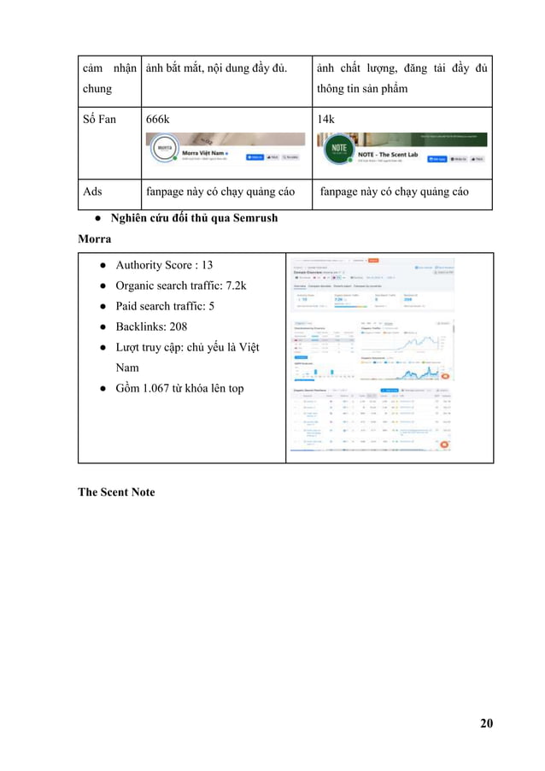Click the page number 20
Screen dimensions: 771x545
pos(486,724)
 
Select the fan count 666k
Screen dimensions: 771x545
pos(158,119)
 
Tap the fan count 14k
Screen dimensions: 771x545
pos(327,119)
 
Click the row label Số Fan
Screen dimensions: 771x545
pos(99,119)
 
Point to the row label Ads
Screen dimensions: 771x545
pos(92,191)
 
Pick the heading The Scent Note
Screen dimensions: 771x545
pos(116,491)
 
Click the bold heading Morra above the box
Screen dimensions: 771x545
pos(94,238)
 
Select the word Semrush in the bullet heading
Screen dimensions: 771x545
pos(254,218)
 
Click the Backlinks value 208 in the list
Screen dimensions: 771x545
pos(175,327)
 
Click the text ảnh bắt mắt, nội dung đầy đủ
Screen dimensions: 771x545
pos(216,68)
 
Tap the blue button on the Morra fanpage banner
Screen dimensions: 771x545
pos(255,157)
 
